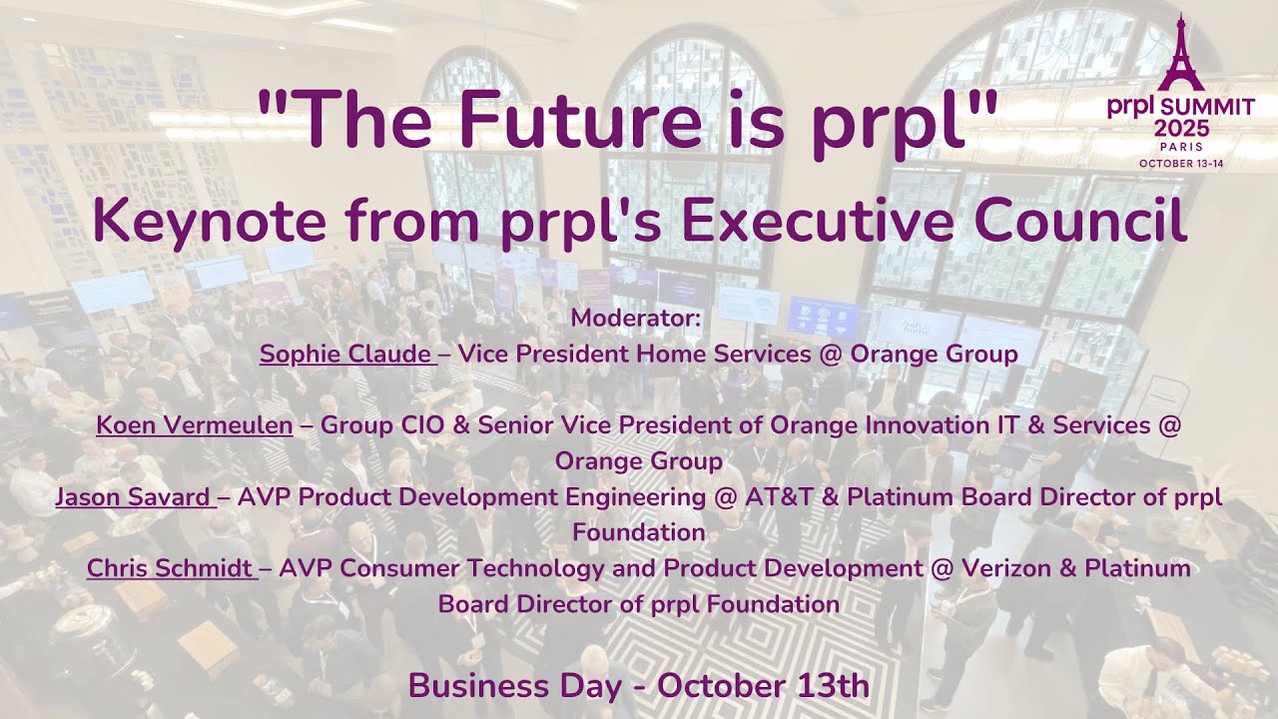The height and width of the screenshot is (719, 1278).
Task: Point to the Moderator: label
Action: pos(638,319)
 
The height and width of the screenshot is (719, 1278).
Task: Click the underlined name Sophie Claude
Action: pos(346,355)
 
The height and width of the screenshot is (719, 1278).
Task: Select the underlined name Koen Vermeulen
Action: pos(195,425)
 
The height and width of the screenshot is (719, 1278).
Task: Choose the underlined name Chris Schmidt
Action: pos(171,568)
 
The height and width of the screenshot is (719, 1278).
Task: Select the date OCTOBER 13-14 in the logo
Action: pos(1181,163)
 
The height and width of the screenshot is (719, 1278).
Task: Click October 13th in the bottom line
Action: pos(764,687)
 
